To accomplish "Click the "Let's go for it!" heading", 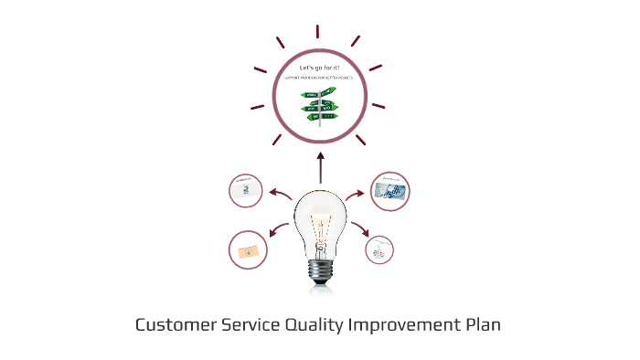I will click(319, 69).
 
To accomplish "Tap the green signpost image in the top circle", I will click(321, 104).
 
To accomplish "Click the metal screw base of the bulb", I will click(320, 270).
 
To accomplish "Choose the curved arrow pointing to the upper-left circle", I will click(279, 194).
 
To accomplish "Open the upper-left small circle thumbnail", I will click(246, 190).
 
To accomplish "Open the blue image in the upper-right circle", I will click(390, 190).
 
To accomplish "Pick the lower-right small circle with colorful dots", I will click(379, 249).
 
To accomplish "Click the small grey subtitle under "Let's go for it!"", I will click(319, 79).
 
